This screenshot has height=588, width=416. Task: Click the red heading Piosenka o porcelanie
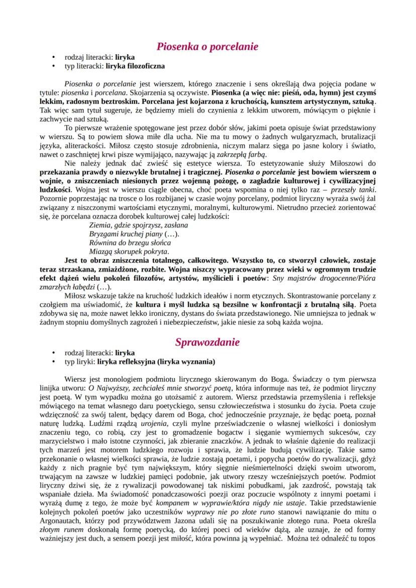coord(207,47)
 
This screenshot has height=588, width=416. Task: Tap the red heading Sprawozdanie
coord(207,342)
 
